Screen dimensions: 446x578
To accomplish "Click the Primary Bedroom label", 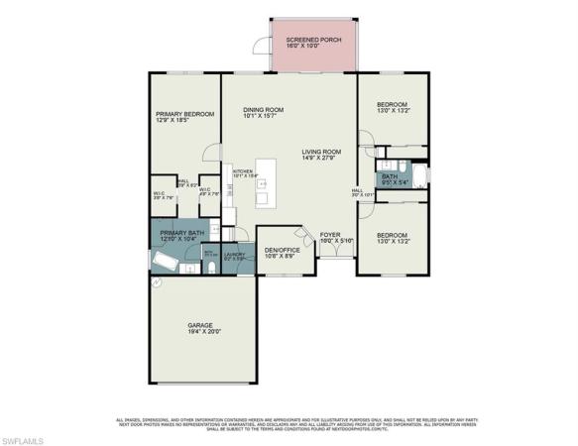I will [x=184, y=117].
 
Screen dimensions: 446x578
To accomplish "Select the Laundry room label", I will [x=234, y=255].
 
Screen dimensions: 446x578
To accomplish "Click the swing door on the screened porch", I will [x=260, y=45].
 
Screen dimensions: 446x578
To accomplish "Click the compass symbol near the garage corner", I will [x=156, y=282].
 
